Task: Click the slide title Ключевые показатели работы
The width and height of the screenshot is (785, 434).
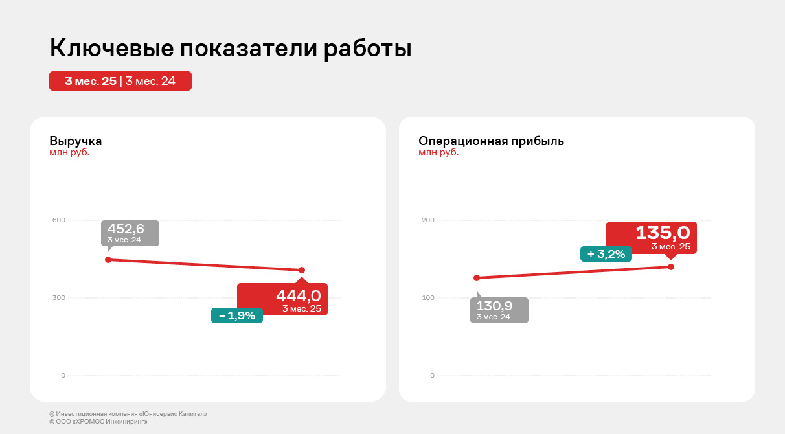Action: pos(231,49)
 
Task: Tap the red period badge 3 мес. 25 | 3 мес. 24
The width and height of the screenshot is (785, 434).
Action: pos(120,81)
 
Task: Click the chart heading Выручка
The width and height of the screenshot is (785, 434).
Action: pos(76,141)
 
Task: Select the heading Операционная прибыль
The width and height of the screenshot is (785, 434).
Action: pos(491,141)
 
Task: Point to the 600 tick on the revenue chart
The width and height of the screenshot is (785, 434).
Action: pos(59,220)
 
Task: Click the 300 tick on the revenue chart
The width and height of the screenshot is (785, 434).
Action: pos(59,298)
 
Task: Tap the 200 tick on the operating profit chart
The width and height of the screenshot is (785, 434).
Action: pos(427,220)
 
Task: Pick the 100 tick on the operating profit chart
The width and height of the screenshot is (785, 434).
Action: pos(427,298)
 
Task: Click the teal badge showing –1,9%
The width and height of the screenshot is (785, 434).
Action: pos(237,315)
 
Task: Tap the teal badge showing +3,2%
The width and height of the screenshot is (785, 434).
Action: pos(606,254)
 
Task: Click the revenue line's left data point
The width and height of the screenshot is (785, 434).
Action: pos(108,260)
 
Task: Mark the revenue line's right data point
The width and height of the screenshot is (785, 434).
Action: pos(302,270)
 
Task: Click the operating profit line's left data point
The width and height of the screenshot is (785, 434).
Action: pos(477,278)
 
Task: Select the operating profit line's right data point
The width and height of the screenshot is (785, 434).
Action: pos(671,267)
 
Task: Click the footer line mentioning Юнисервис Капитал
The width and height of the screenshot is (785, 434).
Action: pos(128,414)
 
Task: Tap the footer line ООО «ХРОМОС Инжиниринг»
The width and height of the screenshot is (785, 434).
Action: pos(98,422)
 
